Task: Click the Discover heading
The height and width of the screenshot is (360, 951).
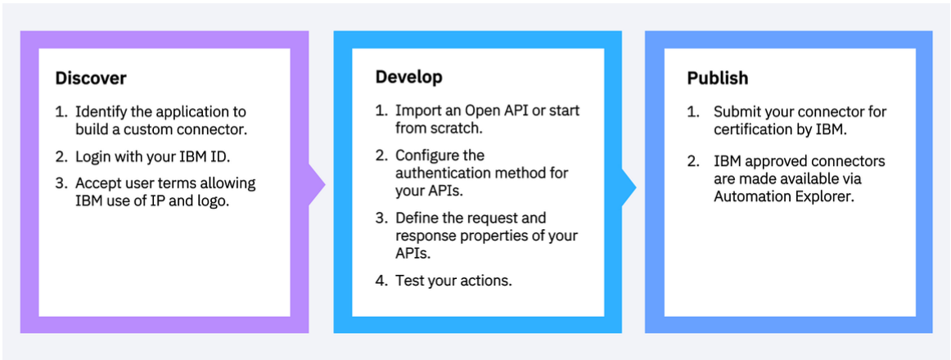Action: tap(91, 79)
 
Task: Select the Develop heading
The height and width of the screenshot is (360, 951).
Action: tap(408, 77)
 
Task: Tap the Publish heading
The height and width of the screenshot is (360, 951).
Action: tap(717, 79)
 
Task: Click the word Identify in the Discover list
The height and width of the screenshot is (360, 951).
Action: tap(100, 111)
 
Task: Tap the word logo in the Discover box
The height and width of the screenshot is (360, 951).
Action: tap(212, 200)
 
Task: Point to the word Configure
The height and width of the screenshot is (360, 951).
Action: tap(428, 155)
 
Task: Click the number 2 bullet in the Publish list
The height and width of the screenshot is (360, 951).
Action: tap(692, 161)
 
